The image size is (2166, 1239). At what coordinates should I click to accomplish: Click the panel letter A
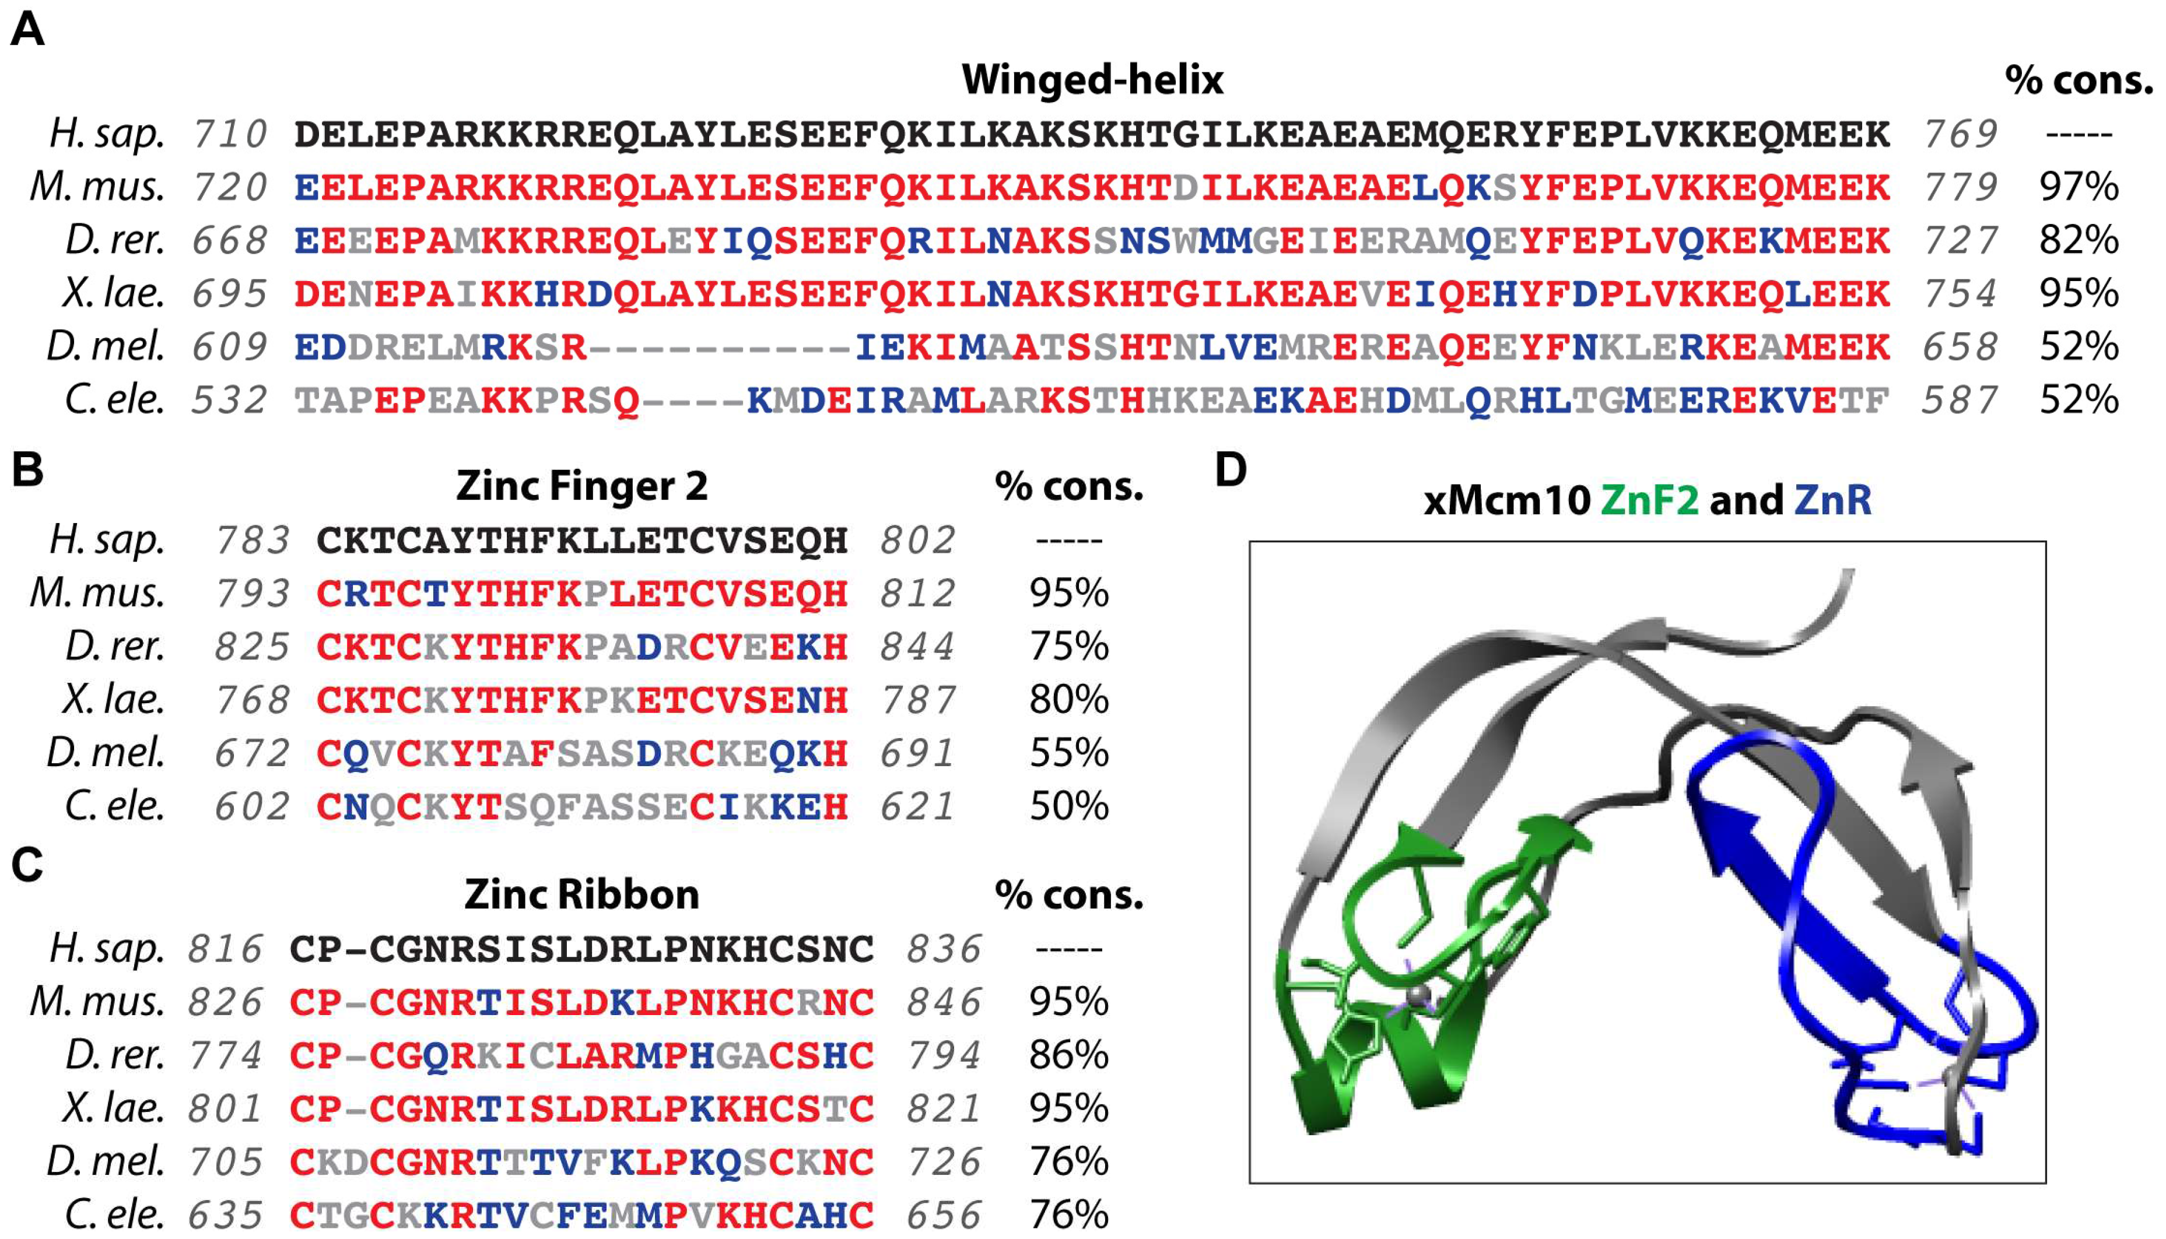tap(27, 31)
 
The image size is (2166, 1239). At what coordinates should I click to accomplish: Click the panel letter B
tap(27, 470)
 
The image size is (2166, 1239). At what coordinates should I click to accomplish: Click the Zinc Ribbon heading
tap(581, 895)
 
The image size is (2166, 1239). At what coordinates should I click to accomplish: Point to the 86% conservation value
tap(1069, 1055)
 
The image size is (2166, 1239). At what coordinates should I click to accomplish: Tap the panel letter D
tap(1231, 470)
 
